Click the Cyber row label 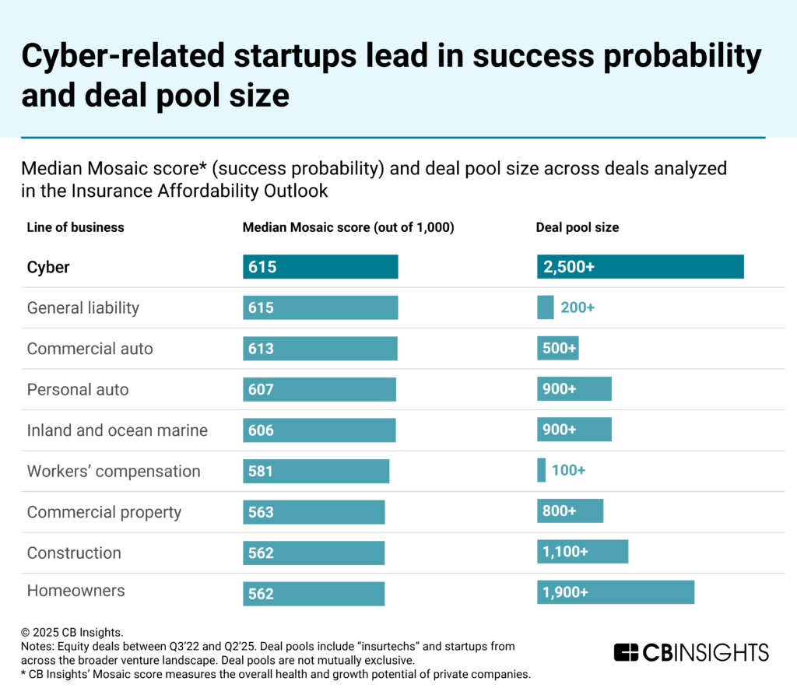tap(48, 267)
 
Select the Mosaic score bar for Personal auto tap(319, 389)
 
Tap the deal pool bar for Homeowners tap(615, 592)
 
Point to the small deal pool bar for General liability tap(545, 307)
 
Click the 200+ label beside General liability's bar tap(578, 307)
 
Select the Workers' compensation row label tap(114, 471)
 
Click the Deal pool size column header tap(578, 227)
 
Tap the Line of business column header tap(75, 227)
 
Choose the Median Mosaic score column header tap(348, 227)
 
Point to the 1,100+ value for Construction tap(564, 552)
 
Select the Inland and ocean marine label tap(118, 430)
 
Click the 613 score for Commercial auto tap(262, 349)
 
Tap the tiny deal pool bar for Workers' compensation tap(541, 470)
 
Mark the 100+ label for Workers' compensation tap(568, 471)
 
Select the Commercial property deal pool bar tap(570, 511)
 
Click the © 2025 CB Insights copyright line tap(72, 632)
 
